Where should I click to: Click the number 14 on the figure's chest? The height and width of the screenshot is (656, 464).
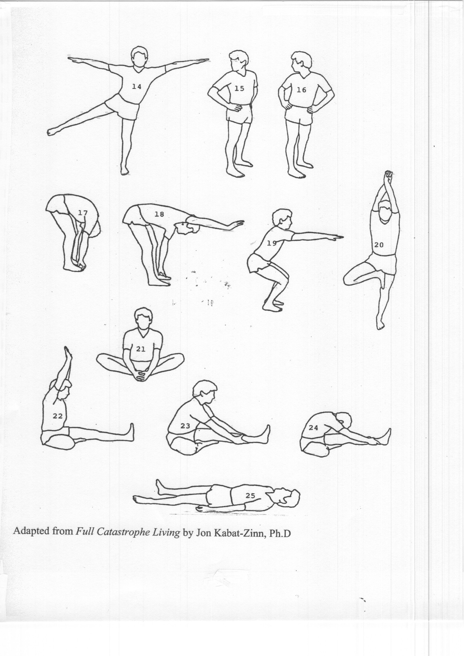[x=137, y=87]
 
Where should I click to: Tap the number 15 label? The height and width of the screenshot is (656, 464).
[x=239, y=89]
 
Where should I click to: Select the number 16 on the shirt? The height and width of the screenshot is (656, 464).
[x=301, y=90]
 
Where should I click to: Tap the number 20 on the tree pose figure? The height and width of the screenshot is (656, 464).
[x=379, y=245]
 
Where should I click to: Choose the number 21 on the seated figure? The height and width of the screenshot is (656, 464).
[x=141, y=349]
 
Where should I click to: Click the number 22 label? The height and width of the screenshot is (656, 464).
[x=58, y=416]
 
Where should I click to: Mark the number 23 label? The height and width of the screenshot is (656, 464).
[x=185, y=426]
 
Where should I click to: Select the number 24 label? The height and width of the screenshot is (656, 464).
[x=313, y=428]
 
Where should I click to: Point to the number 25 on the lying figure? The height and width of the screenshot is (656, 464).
[x=250, y=496]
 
